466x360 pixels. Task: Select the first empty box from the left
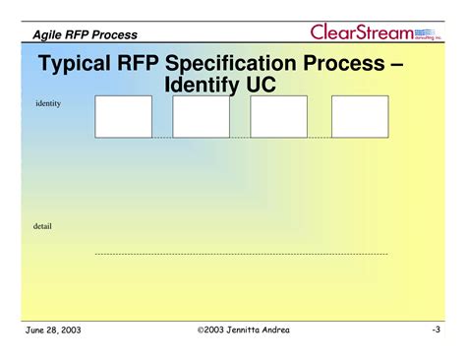[123, 116]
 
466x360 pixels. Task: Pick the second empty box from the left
[201, 116]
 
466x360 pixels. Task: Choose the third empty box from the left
[278, 116]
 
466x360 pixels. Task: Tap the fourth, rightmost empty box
[360, 116]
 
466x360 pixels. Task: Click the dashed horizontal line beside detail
[241, 254]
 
